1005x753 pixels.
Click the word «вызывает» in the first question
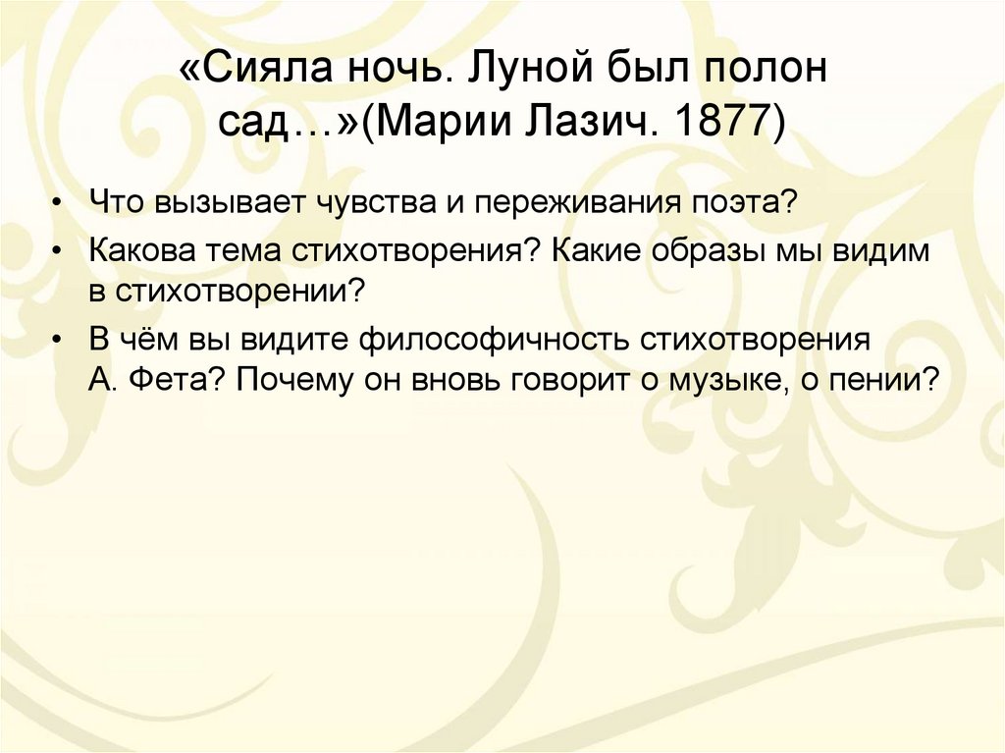pyautogui.click(x=219, y=203)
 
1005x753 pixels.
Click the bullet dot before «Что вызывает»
pyautogui.click(x=60, y=204)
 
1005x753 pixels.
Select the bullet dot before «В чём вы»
pyautogui.click(x=60, y=340)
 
